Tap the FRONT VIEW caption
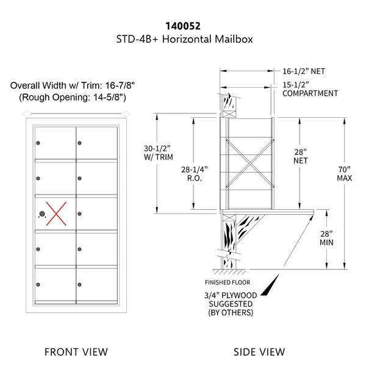[x=77, y=351]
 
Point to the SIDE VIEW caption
[x=259, y=351]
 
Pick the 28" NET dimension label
[x=300, y=156]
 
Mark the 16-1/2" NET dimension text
[x=304, y=71]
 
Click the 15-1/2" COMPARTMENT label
[x=310, y=88]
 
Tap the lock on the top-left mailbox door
[x=38, y=144]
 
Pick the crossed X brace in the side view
[x=249, y=157]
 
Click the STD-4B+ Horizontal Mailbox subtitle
[x=184, y=40]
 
